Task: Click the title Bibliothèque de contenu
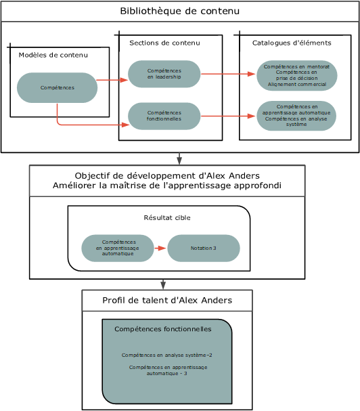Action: (179, 11)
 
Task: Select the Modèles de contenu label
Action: (53, 55)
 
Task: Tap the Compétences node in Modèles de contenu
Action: (58, 87)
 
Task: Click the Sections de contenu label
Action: (164, 43)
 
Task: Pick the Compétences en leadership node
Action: (164, 74)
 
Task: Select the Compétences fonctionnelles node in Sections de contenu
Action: (164, 116)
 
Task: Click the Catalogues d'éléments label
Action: (292, 43)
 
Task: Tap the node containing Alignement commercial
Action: (296, 76)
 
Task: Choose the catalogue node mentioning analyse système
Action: (296, 116)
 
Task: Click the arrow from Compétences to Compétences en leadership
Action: (112, 80)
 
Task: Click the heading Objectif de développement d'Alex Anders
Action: (167, 176)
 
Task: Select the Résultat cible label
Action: (167, 218)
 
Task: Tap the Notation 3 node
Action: (204, 248)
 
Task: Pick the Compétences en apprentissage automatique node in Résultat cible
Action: (118, 248)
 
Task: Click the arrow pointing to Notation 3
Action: (160, 248)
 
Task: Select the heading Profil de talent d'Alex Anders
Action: (167, 300)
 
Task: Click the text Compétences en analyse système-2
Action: (167, 355)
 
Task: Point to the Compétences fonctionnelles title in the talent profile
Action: (163, 329)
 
